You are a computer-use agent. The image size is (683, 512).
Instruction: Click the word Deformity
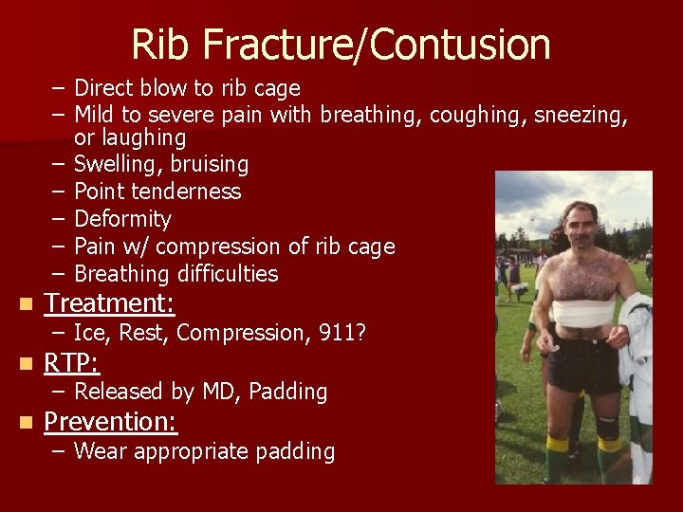pyautogui.click(x=122, y=220)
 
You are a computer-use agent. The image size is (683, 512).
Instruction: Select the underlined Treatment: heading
pyautogui.click(x=109, y=303)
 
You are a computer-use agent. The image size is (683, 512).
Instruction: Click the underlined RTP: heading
pyautogui.click(x=72, y=363)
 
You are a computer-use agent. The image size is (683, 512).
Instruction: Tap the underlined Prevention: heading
pyautogui.click(x=111, y=422)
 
